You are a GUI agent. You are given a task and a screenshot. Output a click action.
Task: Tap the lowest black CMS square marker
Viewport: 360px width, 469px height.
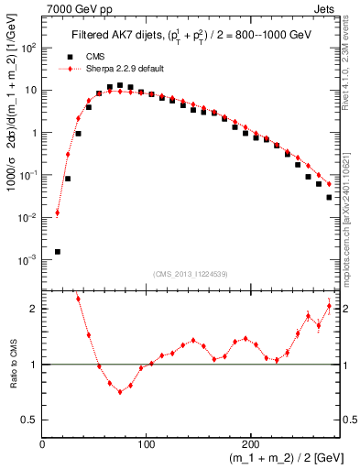(58, 251)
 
